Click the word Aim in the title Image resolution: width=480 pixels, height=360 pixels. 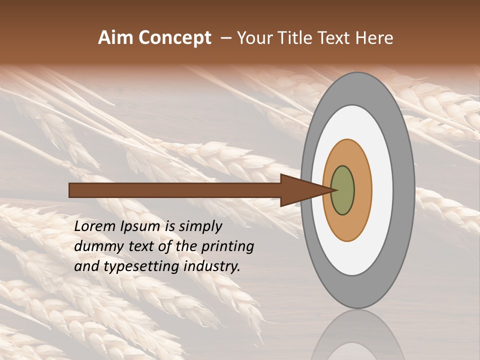pyautogui.click(x=116, y=38)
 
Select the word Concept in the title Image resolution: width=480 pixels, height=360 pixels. pyautogui.click(x=174, y=38)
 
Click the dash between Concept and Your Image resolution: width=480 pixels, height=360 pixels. pyautogui.click(x=225, y=38)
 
